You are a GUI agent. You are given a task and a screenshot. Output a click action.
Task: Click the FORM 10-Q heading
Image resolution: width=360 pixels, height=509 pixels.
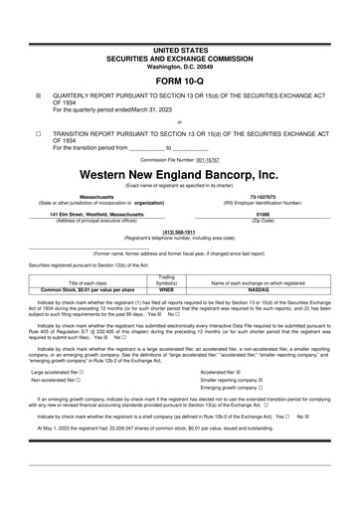click(x=180, y=80)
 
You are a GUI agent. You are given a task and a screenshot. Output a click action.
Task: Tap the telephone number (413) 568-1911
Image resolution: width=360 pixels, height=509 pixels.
click(x=180, y=232)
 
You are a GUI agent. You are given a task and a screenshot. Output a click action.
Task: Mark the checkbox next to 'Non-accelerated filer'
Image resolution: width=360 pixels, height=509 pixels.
click(x=91, y=380)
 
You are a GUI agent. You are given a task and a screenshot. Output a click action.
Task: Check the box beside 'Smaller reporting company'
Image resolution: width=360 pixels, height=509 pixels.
click(x=261, y=380)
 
